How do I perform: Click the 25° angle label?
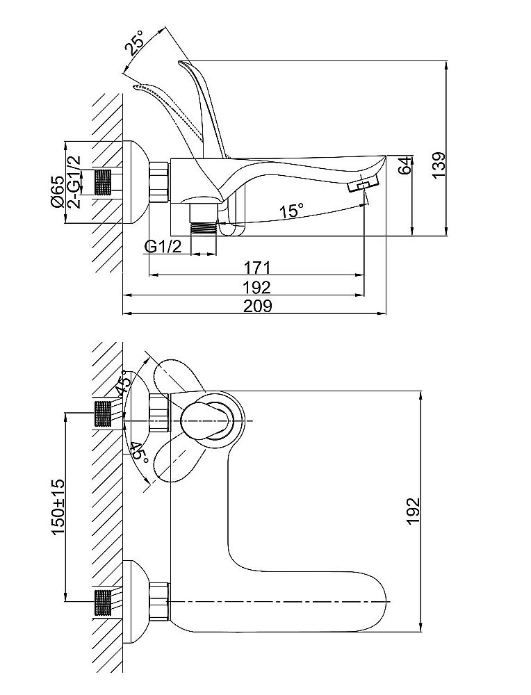click(x=133, y=44)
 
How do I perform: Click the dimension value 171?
click(x=256, y=267)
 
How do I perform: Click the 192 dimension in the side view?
click(x=256, y=286)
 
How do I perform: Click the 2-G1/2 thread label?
click(x=75, y=182)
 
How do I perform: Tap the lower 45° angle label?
click(x=138, y=455)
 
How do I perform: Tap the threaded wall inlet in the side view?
click(x=104, y=182)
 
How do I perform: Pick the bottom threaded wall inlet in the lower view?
click(x=103, y=602)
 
